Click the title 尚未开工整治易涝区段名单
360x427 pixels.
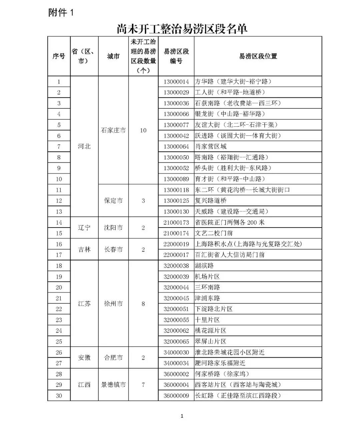click(182, 29)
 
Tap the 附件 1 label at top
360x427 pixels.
click(61, 13)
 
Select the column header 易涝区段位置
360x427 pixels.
click(258, 56)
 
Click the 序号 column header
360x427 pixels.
click(59, 56)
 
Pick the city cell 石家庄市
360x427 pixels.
click(113, 130)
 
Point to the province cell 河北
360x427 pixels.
click(84, 146)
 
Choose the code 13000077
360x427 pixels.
click(176, 125)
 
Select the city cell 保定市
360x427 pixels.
click(113, 200)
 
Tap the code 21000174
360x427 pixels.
click(176, 233)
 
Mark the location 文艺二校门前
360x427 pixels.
click(214, 233)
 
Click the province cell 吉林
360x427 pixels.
click(84, 249)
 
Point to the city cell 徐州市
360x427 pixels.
click(113, 304)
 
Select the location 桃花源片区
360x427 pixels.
click(211, 331)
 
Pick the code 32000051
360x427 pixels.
click(176, 309)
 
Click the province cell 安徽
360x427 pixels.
click(84, 358)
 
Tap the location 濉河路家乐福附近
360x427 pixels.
click(220, 363)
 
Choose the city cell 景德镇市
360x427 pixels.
click(113, 385)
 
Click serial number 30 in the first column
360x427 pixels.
click(59, 396)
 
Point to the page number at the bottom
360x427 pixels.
click(182, 416)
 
